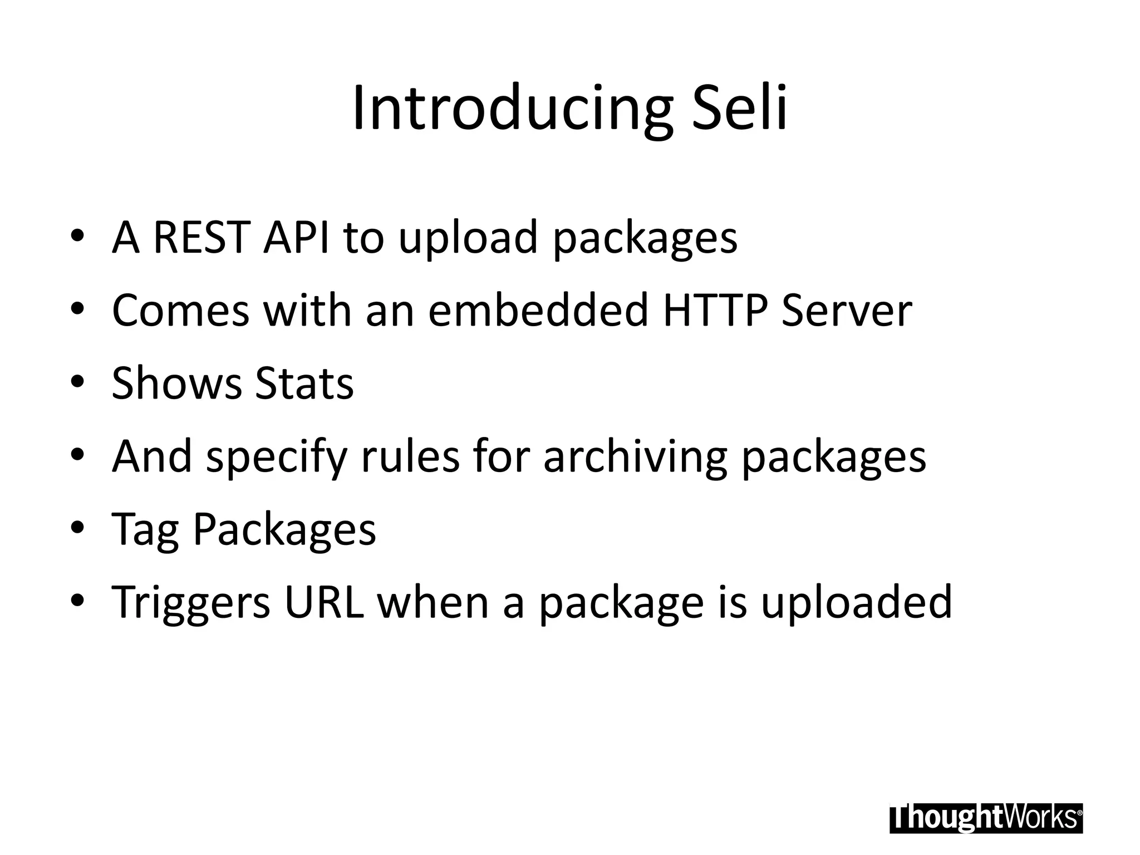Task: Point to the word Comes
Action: [180, 311]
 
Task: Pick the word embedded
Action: [538, 311]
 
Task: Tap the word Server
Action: [847, 311]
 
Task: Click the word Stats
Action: [304, 384]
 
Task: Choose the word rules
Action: [410, 456]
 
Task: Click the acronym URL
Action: [324, 602]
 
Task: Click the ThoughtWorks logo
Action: [986, 818]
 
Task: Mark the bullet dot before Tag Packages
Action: [77, 527]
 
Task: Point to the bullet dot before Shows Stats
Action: [77, 381]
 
